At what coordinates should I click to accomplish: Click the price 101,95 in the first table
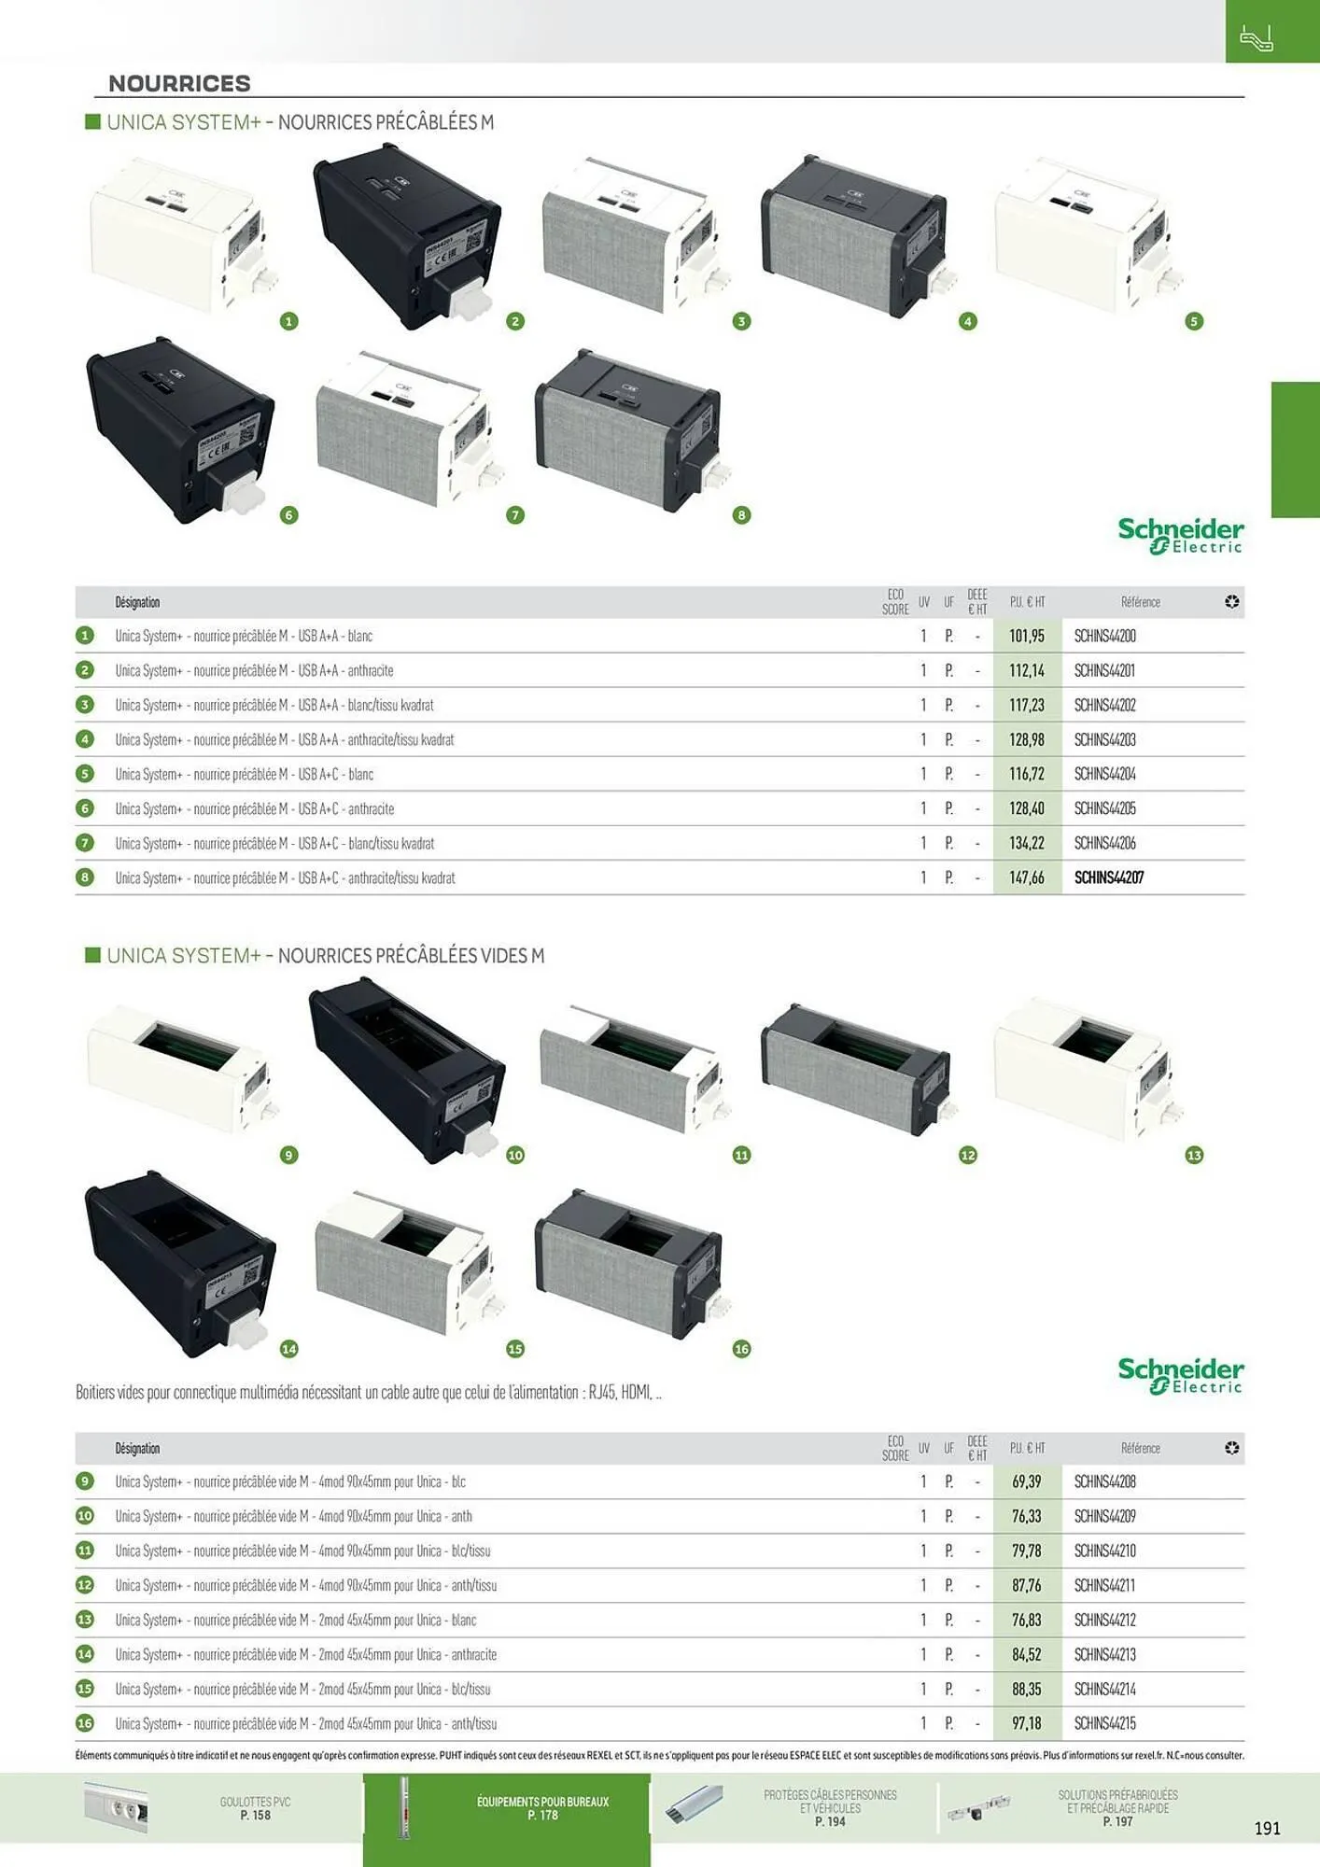[x=1026, y=636]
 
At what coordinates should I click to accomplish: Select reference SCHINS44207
[x=1108, y=877]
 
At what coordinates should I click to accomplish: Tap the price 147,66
[x=1026, y=877]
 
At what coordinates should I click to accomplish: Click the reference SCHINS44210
[x=1104, y=1551]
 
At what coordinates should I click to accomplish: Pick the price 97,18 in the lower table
[x=1026, y=1723]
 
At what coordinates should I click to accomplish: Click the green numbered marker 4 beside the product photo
[x=968, y=321]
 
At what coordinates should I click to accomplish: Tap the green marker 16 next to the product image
[x=741, y=1349]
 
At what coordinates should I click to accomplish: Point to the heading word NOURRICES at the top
[x=179, y=83]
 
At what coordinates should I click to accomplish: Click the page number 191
[x=1267, y=1828]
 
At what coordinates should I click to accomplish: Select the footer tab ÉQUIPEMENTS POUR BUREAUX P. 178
[x=542, y=1808]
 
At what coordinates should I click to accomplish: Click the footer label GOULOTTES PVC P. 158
[x=255, y=1808]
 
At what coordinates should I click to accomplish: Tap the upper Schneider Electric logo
[x=1180, y=535]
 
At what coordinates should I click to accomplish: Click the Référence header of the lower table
[x=1140, y=1448]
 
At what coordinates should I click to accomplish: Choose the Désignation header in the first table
[x=137, y=602]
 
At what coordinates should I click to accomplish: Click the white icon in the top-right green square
[x=1256, y=38]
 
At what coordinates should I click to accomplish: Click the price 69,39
[x=1026, y=1481]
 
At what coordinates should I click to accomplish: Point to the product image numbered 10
[x=407, y=1069]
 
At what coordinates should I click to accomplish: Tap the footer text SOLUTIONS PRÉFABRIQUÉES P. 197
[x=1117, y=1808]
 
